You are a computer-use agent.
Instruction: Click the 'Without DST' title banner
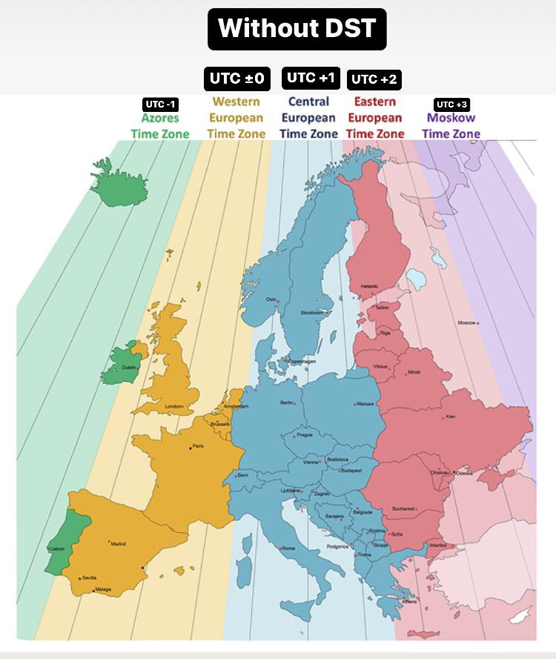coord(297,29)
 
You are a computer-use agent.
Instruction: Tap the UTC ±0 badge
coord(237,79)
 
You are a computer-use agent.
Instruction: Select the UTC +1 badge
coord(311,78)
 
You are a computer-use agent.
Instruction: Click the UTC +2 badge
coord(374,79)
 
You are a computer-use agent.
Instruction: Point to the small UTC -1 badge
coord(160,105)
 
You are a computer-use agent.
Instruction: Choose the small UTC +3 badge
coord(451,105)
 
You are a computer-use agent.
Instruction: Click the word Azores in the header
coord(160,118)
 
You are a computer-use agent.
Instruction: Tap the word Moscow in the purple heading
coord(451,118)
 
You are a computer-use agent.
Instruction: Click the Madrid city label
coord(119,544)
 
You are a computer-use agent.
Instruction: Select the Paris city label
coord(197,446)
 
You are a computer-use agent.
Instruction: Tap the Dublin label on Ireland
coord(130,367)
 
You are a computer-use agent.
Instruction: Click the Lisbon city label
coord(57,549)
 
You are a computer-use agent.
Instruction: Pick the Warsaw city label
coord(365,404)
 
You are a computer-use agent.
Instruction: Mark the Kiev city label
coord(451,417)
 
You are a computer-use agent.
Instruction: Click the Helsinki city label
coord(368,286)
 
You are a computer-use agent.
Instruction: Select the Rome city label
coord(288,548)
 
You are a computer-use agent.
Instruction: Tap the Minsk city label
coord(414,371)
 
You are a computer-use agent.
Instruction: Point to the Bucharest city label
coord(403,509)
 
